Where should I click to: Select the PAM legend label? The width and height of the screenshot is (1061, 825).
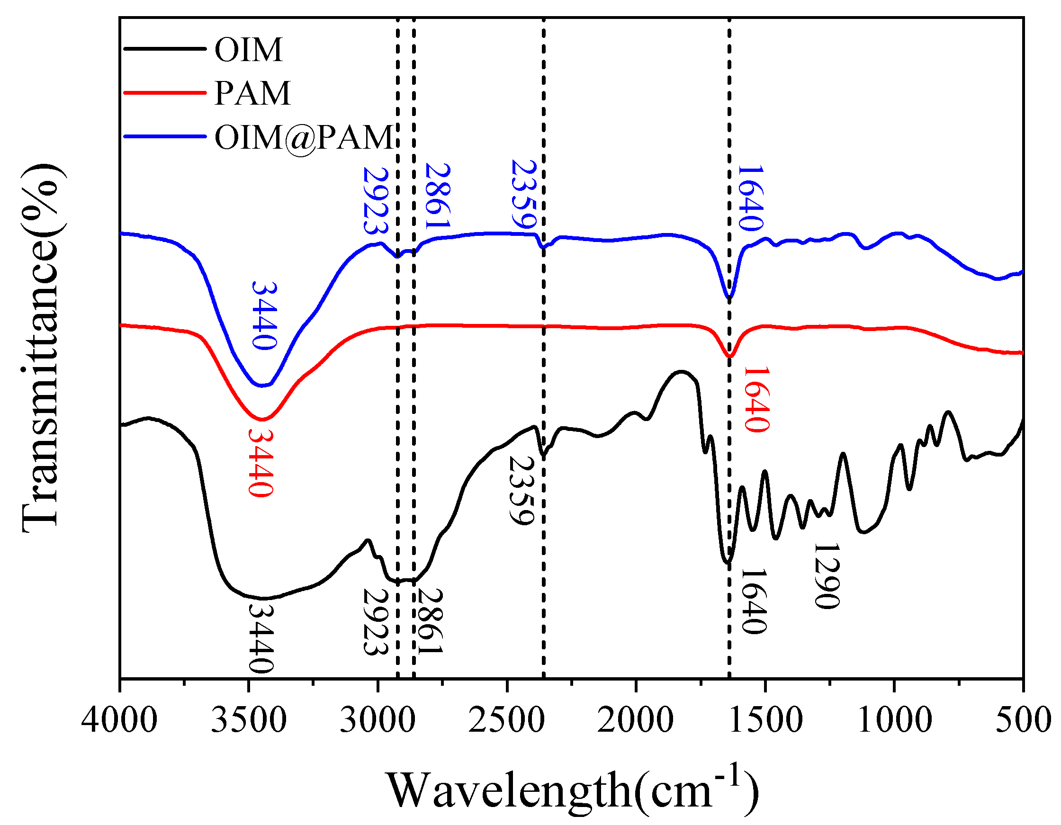click(x=252, y=93)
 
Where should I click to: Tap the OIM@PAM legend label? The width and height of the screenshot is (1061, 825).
click(x=304, y=137)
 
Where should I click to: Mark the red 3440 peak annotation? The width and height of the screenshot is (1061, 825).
click(x=261, y=462)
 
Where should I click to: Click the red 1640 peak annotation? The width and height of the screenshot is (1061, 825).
click(x=756, y=399)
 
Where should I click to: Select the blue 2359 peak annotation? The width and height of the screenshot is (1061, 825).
click(x=524, y=194)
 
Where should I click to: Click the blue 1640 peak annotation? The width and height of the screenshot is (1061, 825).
click(x=751, y=198)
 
